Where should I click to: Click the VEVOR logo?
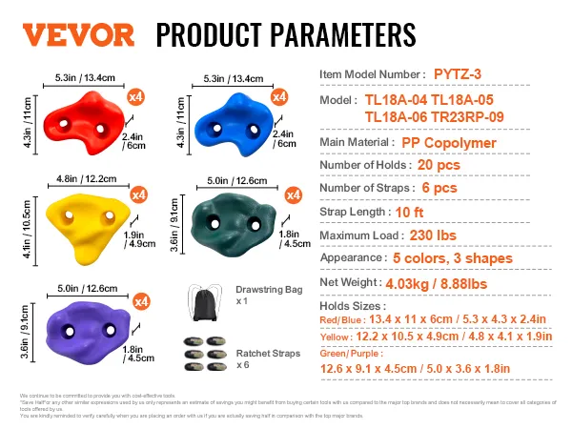coord(78,34)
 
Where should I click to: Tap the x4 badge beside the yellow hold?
coord(138,195)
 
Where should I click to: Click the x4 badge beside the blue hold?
coord(279,97)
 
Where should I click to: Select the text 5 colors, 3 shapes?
coord(453,257)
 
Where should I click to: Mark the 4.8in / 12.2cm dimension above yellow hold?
coord(80,177)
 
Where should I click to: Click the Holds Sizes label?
coord(354,305)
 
